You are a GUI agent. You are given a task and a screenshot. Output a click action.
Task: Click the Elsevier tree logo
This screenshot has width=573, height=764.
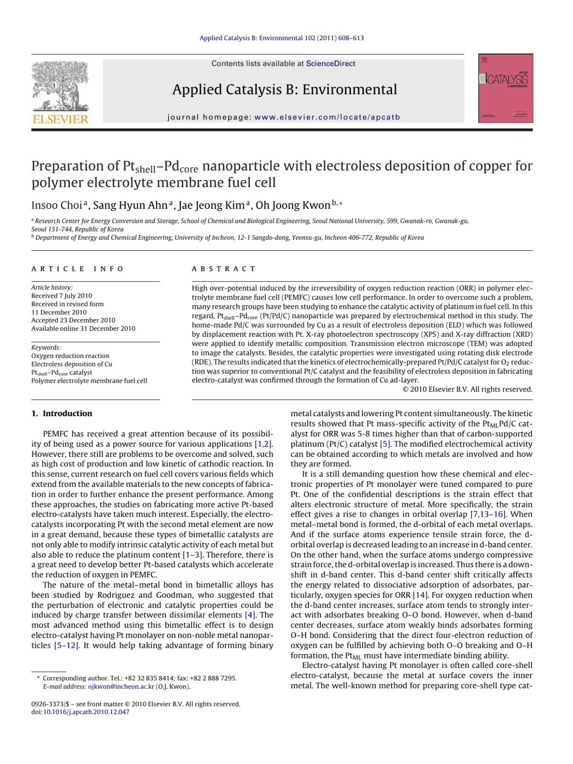[60, 86]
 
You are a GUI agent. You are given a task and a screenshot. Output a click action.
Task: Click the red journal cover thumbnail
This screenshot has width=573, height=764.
[506, 88]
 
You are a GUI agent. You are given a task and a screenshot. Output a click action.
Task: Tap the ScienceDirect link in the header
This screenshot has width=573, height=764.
[330, 64]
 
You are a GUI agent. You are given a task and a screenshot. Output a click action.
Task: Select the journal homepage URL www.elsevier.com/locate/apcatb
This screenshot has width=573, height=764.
[327, 117]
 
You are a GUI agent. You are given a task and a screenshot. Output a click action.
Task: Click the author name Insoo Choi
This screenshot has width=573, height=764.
[57, 205]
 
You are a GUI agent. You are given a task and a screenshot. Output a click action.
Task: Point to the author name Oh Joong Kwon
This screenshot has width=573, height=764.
[293, 205]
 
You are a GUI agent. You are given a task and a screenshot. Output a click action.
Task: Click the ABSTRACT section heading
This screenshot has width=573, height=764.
[223, 269]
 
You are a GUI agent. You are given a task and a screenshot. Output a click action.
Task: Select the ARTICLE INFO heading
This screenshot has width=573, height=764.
[77, 269]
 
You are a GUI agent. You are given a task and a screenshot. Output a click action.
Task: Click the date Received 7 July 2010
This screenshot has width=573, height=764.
[62, 296]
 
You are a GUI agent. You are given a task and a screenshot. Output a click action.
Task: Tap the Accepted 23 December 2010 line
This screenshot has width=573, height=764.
[73, 320]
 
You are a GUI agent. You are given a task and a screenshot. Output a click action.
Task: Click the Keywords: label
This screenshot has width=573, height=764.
[46, 347]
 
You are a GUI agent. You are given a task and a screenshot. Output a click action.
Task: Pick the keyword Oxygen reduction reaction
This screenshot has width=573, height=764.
[70, 356]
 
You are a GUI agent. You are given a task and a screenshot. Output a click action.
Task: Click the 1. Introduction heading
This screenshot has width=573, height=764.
[62, 414]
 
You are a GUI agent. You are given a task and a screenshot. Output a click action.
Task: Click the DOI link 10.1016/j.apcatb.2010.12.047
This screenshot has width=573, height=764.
[86, 712]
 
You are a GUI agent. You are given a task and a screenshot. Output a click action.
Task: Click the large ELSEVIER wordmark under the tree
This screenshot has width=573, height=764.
[60, 119]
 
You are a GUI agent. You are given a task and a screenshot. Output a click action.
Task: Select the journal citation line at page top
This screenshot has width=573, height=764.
[282, 38]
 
